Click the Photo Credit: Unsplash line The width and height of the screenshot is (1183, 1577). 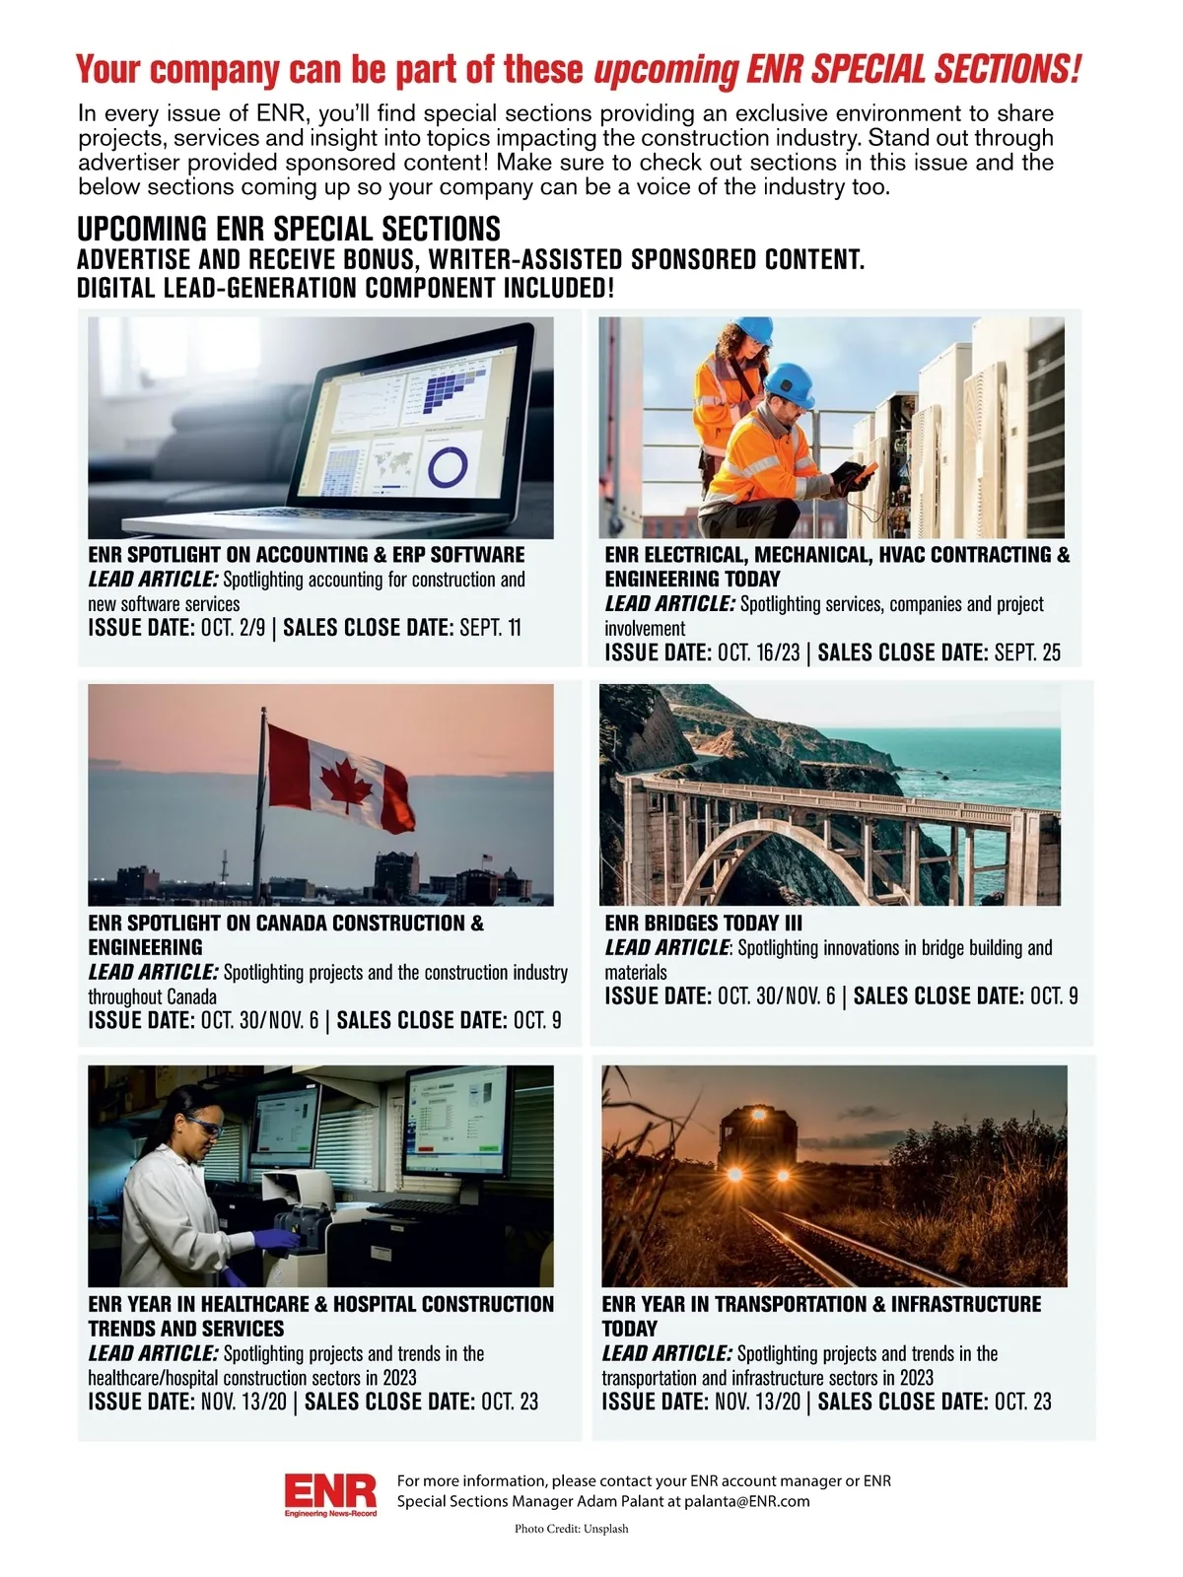(x=571, y=1529)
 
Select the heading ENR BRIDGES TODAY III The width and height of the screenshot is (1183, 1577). (x=703, y=924)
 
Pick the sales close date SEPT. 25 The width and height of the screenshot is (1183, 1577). (x=1027, y=652)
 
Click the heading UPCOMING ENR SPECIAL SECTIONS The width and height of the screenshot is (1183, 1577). (x=289, y=229)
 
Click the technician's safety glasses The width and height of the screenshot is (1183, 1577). (x=204, y=1126)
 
